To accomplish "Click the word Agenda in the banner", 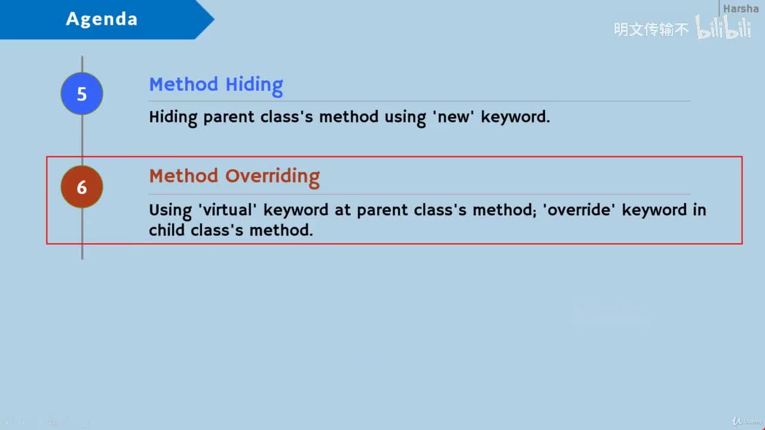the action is click(x=102, y=19).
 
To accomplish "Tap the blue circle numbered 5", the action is click(x=82, y=94).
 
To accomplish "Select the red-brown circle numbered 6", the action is click(x=82, y=187).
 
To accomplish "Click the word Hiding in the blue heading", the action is click(x=254, y=85).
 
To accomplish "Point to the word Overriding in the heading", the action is click(x=273, y=177).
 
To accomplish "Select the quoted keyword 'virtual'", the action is click(x=227, y=210).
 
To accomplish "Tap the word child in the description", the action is click(x=167, y=230).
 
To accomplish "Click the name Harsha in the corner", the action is click(x=740, y=8).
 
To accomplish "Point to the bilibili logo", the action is click(x=724, y=27).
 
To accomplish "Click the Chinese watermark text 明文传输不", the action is click(x=651, y=29).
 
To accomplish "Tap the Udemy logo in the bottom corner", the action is click(x=746, y=422).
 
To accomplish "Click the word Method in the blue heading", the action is click(x=183, y=84).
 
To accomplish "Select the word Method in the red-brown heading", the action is click(x=183, y=176).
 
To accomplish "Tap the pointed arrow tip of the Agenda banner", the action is click(x=214, y=20).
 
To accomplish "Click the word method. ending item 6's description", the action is click(x=281, y=230).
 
